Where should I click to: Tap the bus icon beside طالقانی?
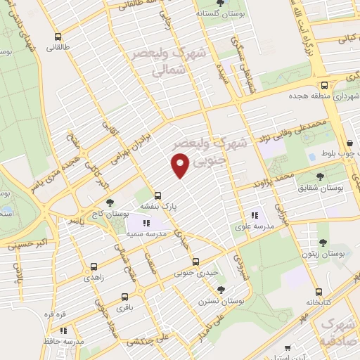(x=58, y=37)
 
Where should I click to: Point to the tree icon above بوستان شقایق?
(x=321, y=177)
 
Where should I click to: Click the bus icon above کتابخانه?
(x=319, y=292)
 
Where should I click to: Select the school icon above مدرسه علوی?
(x=255, y=215)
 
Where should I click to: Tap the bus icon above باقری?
(x=124, y=297)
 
